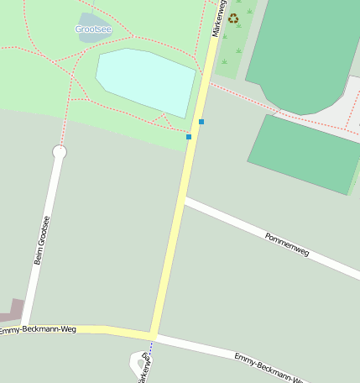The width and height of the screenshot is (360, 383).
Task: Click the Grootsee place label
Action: (92, 29)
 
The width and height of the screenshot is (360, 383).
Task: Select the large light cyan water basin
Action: (146, 81)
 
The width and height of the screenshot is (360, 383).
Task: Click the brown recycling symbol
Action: (233, 18)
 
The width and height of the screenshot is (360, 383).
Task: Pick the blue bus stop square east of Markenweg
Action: (201, 122)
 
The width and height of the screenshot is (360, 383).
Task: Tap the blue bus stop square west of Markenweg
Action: (189, 137)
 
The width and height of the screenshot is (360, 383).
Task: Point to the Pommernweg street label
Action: (287, 243)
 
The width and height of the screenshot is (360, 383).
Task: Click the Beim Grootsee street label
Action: (41, 240)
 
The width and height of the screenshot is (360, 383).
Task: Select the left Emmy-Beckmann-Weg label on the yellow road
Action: (38, 330)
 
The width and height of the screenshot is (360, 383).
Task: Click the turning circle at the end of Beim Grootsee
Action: (60, 152)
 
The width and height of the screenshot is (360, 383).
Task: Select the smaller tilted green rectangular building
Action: (305, 154)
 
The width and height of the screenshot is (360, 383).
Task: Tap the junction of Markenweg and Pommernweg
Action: (183, 200)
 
